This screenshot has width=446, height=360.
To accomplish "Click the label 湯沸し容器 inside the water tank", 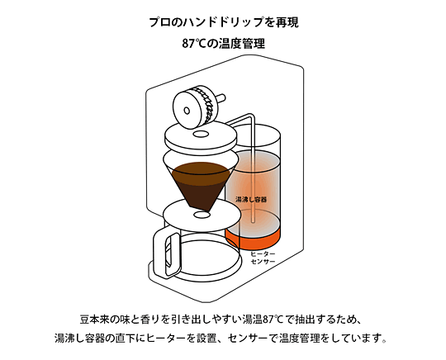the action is (x=251, y=199).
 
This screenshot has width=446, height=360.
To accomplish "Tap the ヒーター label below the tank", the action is (x=263, y=253).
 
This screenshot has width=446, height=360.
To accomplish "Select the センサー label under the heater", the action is (x=263, y=261).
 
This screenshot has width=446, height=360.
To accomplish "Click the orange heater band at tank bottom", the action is (x=253, y=239).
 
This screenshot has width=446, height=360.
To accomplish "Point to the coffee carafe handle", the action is (x=165, y=250).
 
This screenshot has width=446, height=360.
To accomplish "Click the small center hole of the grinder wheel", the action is (x=187, y=111).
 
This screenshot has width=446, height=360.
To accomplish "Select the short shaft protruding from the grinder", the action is (x=221, y=98).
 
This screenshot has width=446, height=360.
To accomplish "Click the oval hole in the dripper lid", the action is (x=201, y=134).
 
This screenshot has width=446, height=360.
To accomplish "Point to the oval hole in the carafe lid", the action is (x=202, y=215).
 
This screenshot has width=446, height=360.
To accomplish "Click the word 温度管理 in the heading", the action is (x=242, y=44).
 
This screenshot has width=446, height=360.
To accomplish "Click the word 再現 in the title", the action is (x=287, y=22).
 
